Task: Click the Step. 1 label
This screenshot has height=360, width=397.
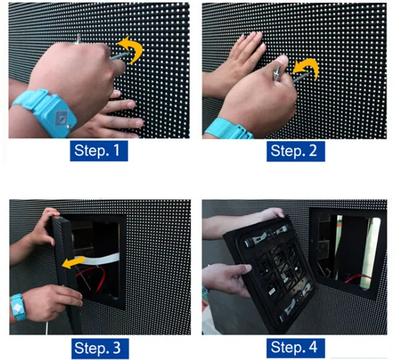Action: [101, 151]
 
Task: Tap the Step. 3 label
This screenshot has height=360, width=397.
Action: [101, 347]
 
